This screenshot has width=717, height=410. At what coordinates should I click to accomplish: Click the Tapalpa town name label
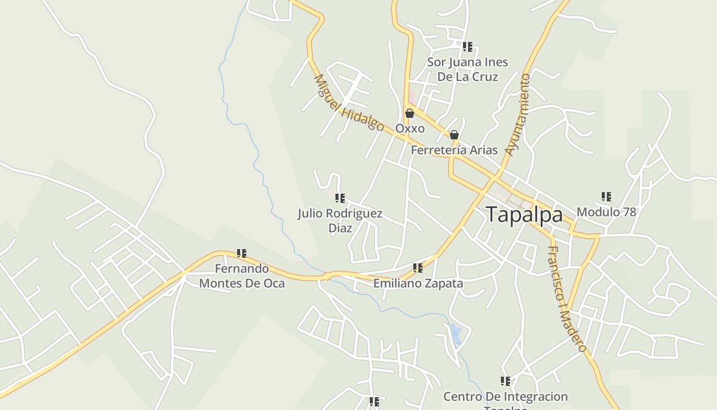[x=524, y=214]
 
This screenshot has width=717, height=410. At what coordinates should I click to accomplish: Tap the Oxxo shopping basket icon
[x=410, y=113]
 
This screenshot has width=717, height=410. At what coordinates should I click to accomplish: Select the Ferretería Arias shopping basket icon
[x=454, y=135]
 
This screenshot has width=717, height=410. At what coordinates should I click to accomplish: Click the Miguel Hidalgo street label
[x=348, y=103]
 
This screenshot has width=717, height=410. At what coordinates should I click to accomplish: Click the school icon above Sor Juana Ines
[x=468, y=47]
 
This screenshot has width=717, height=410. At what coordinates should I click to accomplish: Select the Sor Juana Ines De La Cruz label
[x=468, y=69]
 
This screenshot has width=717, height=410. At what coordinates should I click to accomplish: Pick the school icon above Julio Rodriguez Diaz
[x=340, y=198]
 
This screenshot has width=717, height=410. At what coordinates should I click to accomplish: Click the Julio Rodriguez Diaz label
[x=340, y=220]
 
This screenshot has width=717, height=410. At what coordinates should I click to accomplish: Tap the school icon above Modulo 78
[x=606, y=196]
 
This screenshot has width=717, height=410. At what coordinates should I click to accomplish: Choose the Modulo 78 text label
[x=606, y=212]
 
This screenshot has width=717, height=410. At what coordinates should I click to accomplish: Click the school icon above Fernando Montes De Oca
[x=242, y=253]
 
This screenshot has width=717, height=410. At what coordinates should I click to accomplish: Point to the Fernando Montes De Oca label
[x=242, y=276]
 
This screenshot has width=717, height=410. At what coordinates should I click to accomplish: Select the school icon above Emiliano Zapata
[x=418, y=268]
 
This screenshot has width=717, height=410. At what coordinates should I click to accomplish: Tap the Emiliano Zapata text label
[x=418, y=283]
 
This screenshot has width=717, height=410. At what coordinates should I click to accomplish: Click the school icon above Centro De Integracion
[x=505, y=381]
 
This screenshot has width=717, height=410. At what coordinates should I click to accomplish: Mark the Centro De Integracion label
[x=505, y=397]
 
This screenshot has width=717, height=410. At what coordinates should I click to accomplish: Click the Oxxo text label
[x=410, y=128]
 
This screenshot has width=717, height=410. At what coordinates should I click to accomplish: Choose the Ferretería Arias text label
[x=454, y=150]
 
